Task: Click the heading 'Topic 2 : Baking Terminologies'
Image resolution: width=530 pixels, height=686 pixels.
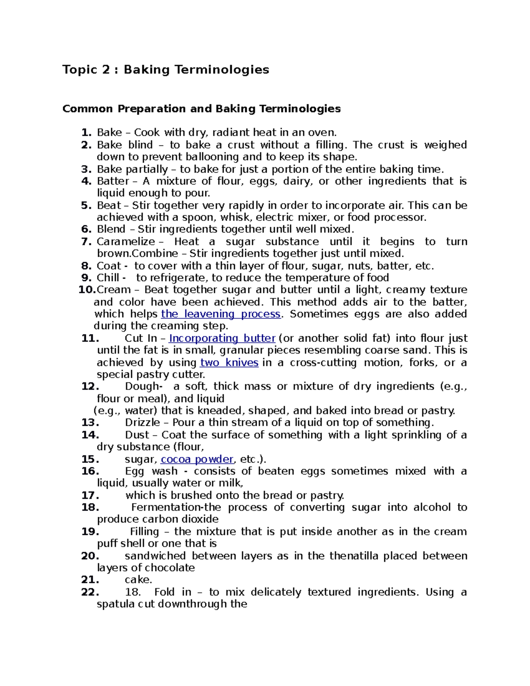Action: pos(166,70)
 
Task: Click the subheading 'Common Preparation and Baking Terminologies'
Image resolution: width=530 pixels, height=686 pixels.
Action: pos(201,109)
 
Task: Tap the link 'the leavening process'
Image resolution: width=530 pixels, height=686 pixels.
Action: pos(221,314)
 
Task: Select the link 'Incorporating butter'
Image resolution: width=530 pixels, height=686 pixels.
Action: pos(222,338)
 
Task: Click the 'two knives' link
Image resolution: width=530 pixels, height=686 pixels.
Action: pos(229,363)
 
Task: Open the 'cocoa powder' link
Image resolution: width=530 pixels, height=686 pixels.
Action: pos(197,459)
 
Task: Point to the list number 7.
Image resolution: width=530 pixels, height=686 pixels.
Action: pos(87,242)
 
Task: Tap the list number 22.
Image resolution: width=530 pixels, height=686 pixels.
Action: pos(90,592)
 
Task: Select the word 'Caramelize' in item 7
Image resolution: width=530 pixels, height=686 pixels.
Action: pos(126,242)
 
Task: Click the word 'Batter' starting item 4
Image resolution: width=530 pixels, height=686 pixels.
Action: pos(113,181)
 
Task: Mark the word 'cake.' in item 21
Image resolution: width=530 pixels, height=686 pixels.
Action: pos(138,580)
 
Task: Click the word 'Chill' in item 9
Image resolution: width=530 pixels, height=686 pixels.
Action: pos(108,278)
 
